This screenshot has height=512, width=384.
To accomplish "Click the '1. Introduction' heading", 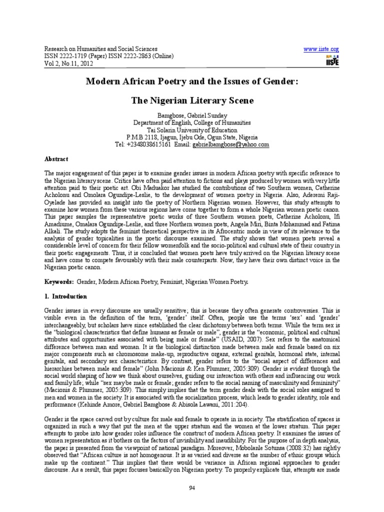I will (66, 296).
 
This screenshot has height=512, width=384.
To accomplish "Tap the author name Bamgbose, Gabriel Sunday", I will (192, 115).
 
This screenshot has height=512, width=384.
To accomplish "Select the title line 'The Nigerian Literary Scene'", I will (192, 100).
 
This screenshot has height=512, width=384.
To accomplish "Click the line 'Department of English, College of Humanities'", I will (192, 122).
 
